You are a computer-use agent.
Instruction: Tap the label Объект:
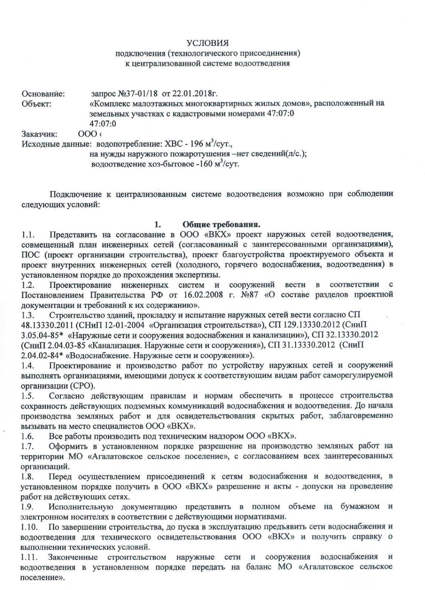click(x=37, y=104)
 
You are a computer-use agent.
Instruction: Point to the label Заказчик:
click(x=40, y=134)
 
